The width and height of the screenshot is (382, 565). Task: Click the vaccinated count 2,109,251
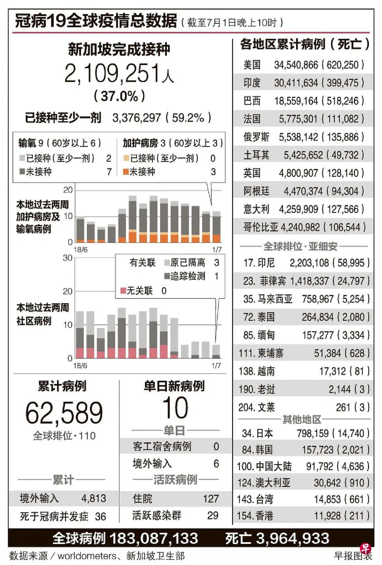pyautogui.click(x=113, y=74)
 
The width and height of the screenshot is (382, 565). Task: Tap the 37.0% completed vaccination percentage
pyautogui.click(x=119, y=97)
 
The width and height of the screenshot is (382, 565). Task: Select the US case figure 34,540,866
pyautogui.click(x=296, y=65)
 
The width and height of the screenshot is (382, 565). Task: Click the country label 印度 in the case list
pyautogui.click(x=252, y=83)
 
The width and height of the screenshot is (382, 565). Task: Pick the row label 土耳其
pyautogui.click(x=256, y=155)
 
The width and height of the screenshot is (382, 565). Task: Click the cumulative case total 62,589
pyautogui.click(x=64, y=413)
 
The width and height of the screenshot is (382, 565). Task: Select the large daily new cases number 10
pyautogui.click(x=175, y=408)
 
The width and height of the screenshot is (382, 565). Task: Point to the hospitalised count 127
pyautogui.click(x=210, y=499)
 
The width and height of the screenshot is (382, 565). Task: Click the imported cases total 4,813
pyautogui.click(x=93, y=498)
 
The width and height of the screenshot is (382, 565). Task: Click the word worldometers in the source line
pyautogui.click(x=87, y=556)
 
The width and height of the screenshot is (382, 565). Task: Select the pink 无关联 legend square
pyautogui.click(x=123, y=290)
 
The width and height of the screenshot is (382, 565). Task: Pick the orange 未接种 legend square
pyautogui.click(x=126, y=172)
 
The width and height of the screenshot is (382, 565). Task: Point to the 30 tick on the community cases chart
pyautogui.click(x=68, y=258)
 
